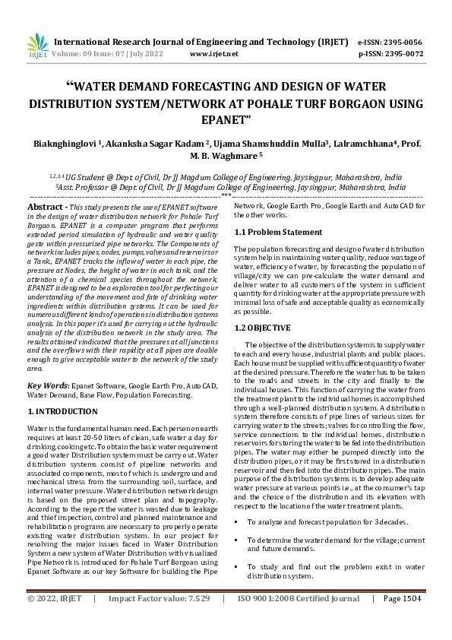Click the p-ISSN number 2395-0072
pos(402,54)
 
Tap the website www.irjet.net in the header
pos(213,54)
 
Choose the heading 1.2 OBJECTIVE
pos(262,328)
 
